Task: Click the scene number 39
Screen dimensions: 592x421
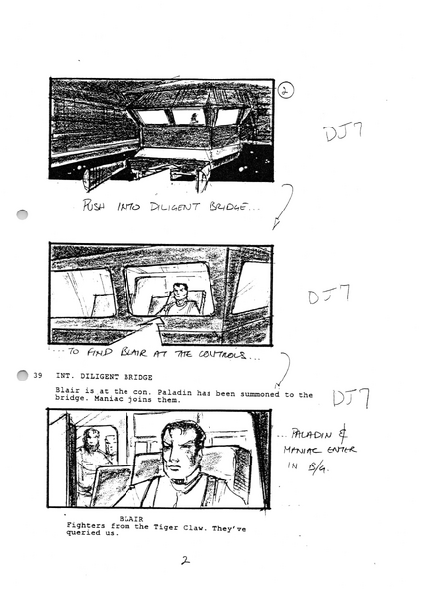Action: tap(37, 377)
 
